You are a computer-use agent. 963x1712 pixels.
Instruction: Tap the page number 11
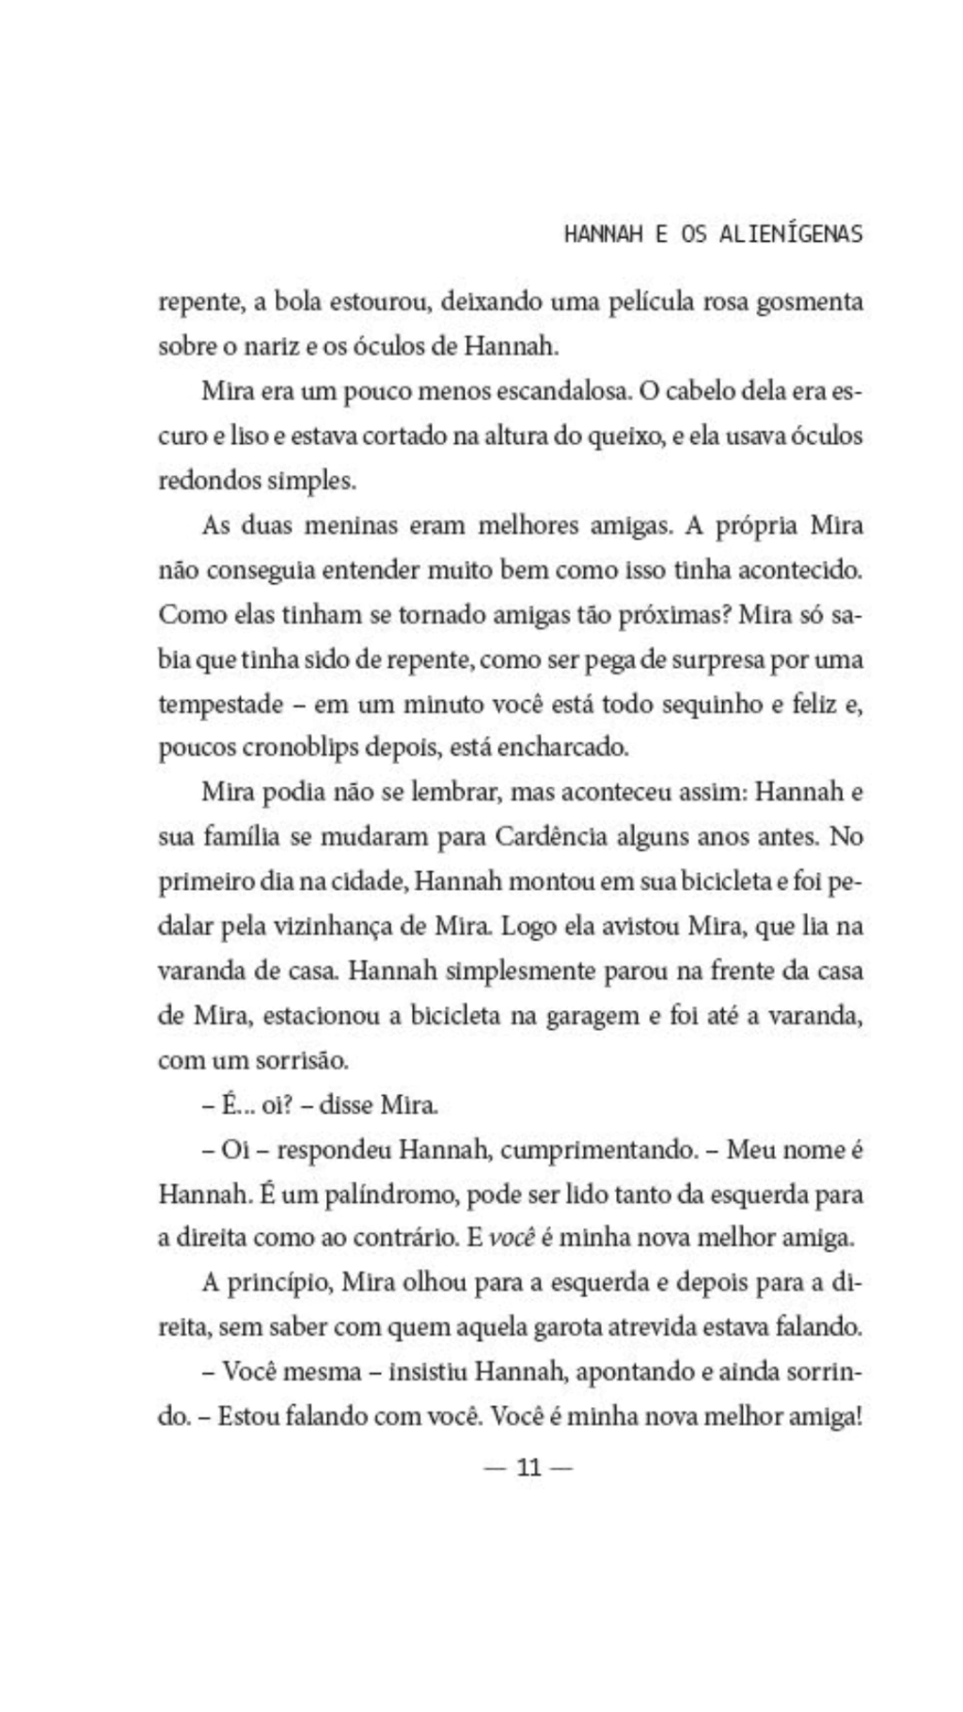[529, 1467]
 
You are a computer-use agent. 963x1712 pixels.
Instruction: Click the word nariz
[257, 346]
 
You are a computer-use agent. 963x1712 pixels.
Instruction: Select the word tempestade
[220, 704]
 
